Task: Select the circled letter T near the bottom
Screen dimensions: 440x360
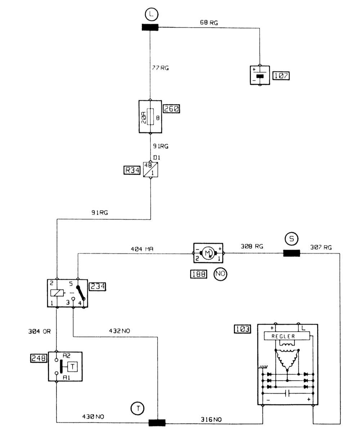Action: click(137, 408)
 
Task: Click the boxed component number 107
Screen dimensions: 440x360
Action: click(281, 76)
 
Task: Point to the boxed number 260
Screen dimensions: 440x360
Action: click(171, 108)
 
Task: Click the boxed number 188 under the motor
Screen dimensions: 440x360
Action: click(198, 274)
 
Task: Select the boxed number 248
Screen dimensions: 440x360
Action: click(39, 358)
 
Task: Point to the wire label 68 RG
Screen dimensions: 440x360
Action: click(209, 23)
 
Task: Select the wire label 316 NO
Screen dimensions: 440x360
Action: click(211, 419)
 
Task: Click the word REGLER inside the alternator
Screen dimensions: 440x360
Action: click(283, 336)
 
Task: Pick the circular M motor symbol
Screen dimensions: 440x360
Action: click(208, 253)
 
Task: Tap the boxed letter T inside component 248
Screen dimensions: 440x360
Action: click(73, 367)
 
